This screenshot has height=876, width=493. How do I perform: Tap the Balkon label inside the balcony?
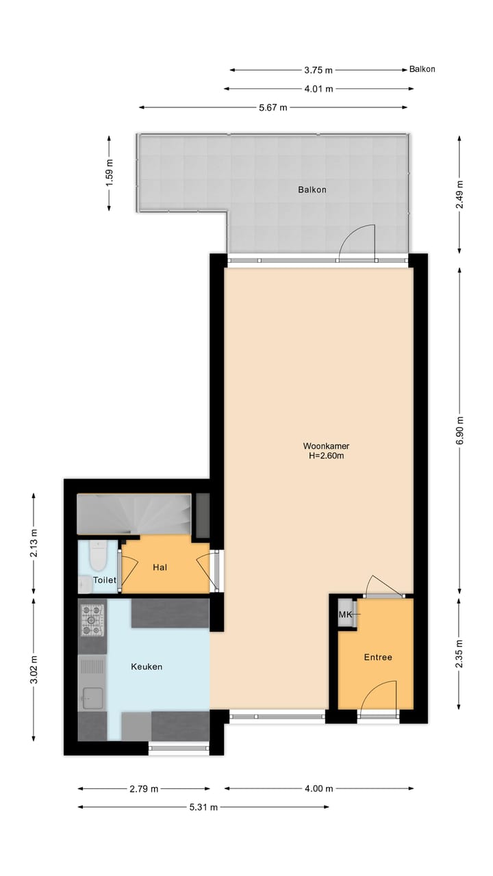click(312, 190)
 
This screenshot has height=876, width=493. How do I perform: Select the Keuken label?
click(147, 667)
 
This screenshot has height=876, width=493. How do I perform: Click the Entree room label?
click(377, 657)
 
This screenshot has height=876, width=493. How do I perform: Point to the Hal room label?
click(160, 567)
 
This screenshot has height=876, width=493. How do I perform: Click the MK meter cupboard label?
click(345, 615)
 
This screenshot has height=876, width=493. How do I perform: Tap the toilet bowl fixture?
click(97, 556)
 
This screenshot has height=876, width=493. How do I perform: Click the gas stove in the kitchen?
click(92, 619)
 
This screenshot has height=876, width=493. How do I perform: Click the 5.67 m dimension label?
click(273, 107)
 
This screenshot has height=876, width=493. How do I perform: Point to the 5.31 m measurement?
click(203, 807)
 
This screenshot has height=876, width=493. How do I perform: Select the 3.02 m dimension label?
click(34, 668)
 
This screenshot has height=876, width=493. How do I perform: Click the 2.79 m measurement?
click(144, 788)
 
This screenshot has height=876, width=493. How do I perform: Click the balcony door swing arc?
click(357, 241)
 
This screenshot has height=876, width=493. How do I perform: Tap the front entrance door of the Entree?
click(379, 695)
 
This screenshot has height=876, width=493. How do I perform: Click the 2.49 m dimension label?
click(460, 194)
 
